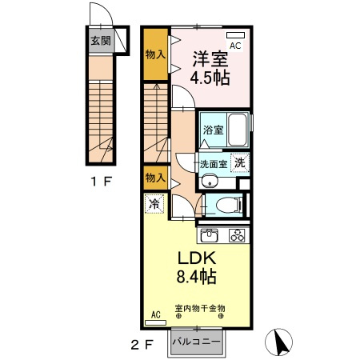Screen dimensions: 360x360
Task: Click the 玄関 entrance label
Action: [x=101, y=41]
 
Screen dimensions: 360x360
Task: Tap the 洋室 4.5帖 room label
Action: [x=210, y=68]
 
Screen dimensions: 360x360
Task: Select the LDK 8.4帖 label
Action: [x=197, y=267]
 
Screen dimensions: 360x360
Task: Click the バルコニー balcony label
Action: [x=197, y=342]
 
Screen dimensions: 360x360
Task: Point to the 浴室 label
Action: [x=214, y=130]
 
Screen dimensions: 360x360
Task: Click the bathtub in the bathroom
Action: [x=238, y=130]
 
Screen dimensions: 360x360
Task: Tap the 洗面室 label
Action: [x=214, y=164]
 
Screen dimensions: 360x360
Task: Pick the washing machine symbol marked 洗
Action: [x=240, y=162]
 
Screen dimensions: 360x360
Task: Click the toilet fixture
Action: [x=229, y=206]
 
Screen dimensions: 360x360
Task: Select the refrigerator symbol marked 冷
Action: [x=154, y=204]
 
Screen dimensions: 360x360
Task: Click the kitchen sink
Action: [x=210, y=235]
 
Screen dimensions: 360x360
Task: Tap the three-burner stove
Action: [x=237, y=235]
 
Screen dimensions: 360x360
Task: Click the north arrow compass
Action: [x=278, y=342]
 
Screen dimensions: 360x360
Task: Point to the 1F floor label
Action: [x=101, y=182]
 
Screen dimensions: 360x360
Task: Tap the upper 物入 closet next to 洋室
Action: [x=156, y=54]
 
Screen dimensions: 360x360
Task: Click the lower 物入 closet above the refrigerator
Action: [x=156, y=178]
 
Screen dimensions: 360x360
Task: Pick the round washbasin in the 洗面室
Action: [x=210, y=181]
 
